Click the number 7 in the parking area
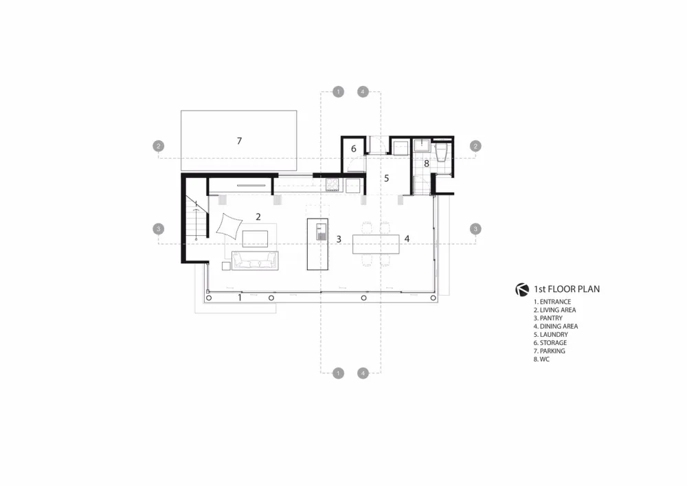coord(239,141)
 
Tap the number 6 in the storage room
coord(353,148)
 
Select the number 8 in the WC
coord(427,164)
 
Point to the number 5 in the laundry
coord(387,177)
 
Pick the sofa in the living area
coord(254,261)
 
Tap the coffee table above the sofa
coord(255,238)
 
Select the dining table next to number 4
coord(376,244)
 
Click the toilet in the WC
coord(442,152)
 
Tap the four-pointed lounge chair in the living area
coord(229,225)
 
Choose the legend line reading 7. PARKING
coord(550,351)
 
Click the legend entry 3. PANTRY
coord(548,318)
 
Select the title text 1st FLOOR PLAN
coord(567,289)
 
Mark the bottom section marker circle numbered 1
coord(337,373)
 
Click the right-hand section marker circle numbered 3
coord(475,229)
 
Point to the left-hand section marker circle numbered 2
coord(159,146)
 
